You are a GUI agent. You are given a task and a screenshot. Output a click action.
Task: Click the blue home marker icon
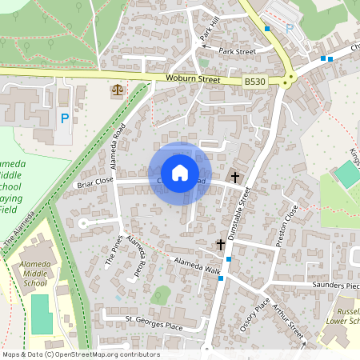[x=180, y=172]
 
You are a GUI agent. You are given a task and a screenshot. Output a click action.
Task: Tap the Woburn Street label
[x=192, y=79]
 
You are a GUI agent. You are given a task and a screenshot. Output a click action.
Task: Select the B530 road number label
[x=254, y=82]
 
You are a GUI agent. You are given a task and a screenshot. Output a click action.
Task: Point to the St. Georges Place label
[x=154, y=322]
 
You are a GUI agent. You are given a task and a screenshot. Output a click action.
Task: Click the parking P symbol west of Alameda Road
[x=64, y=118]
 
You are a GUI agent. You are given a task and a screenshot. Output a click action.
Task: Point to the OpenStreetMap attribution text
[x=80, y=354]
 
